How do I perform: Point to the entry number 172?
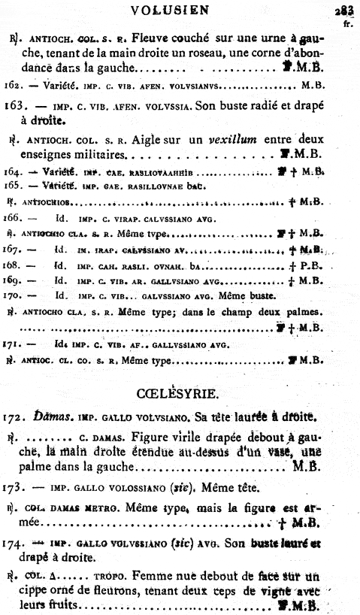pyautogui.click(x=15, y=416)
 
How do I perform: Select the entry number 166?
pyautogui.click(x=13, y=218)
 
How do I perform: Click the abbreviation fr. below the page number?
pyautogui.click(x=347, y=23)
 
